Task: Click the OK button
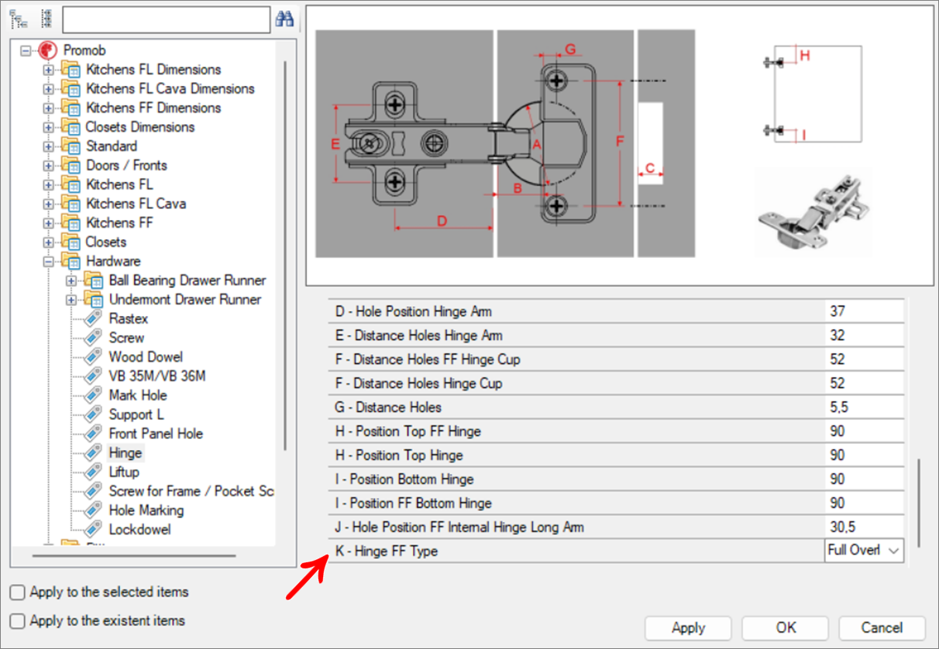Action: coord(786,627)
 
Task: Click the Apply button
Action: coord(688,627)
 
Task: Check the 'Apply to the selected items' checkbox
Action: coord(18,592)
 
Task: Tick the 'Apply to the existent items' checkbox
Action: coord(18,621)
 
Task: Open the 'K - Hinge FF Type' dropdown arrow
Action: coord(894,551)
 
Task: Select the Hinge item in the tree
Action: coord(125,453)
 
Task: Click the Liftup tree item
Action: coord(124,472)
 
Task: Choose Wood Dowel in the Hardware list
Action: coord(146,357)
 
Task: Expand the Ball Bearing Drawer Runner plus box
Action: coord(71,280)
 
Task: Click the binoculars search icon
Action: coord(284,19)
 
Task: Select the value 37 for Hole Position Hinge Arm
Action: coord(837,311)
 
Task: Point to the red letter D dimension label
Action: coord(442,221)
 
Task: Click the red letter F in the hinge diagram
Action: coord(619,141)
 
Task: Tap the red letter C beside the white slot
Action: coord(650,167)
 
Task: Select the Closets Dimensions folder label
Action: coord(139,127)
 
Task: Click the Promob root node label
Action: coord(84,50)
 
